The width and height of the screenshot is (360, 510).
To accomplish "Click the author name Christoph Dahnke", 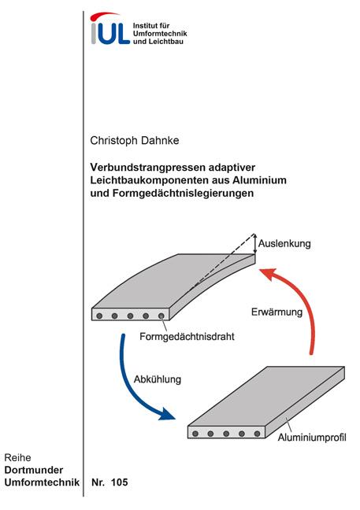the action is tap(135, 141).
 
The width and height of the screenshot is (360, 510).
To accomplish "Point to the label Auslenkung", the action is tap(284, 244).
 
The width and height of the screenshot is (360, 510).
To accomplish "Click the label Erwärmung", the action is tap(276, 312).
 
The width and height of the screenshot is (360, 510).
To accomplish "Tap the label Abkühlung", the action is tap(158, 379).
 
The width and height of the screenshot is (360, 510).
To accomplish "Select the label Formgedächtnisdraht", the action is tap(187, 336).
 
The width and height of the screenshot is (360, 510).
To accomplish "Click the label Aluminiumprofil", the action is tap(312, 437).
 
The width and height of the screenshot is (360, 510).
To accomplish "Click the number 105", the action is tap(120, 482).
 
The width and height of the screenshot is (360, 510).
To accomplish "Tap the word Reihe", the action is tap(17, 457).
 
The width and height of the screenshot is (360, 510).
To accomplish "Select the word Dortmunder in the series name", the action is tap(34, 470).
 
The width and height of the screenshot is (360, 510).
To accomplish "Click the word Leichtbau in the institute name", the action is tap(165, 41).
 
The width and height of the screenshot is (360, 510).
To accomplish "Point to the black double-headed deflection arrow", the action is tap(255, 243).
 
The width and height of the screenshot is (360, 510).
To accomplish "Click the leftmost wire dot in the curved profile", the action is tap(99, 316).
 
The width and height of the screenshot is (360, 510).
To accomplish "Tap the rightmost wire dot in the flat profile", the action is tap(257, 434).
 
